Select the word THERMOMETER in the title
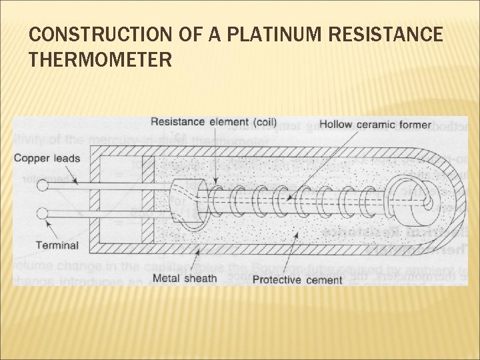(x=99, y=61)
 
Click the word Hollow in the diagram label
(x=336, y=123)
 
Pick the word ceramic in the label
(x=379, y=123)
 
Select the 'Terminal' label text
(x=57, y=245)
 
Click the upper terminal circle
(x=43, y=187)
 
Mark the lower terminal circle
(x=43, y=213)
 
